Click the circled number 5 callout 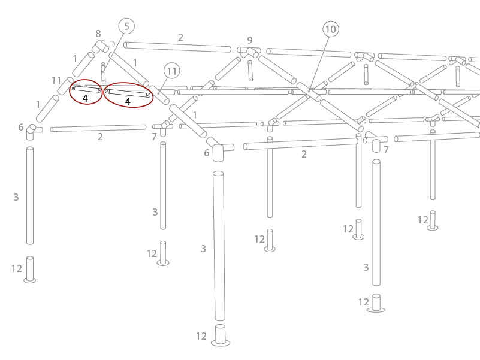126,26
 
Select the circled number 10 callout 330,29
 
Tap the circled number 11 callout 172,72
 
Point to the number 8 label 98,34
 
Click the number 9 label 250,41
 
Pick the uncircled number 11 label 56,80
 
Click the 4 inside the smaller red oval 85,98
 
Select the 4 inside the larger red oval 128,102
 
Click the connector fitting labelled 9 249,52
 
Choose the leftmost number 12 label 17,268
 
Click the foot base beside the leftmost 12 30,270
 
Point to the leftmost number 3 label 16,197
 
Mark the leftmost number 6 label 21,128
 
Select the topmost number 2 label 180,37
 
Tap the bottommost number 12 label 201,336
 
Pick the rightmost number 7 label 386,150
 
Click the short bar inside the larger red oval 128,93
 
